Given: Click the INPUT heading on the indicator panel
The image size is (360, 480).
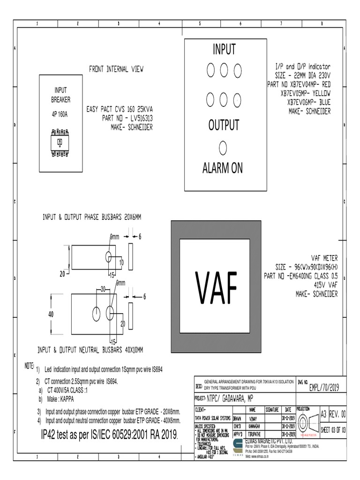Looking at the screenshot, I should point(224,49).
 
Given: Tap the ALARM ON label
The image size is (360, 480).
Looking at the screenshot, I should point(223,168).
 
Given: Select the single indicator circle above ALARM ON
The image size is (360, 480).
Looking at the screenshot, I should point(223,147).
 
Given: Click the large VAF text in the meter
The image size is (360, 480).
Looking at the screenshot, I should point(217,286).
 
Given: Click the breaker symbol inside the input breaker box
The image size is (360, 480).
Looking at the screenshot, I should point(60,142).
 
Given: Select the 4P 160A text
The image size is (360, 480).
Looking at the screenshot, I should point(60,114).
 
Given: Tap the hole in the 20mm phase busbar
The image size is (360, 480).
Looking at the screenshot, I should point(108,257).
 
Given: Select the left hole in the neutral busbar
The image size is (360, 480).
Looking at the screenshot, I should point(97,314).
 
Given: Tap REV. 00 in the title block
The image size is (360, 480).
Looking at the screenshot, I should point(338,414).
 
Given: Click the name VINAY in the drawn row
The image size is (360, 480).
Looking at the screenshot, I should point(254,418).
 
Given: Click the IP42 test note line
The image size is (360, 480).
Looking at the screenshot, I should point(111,436).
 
